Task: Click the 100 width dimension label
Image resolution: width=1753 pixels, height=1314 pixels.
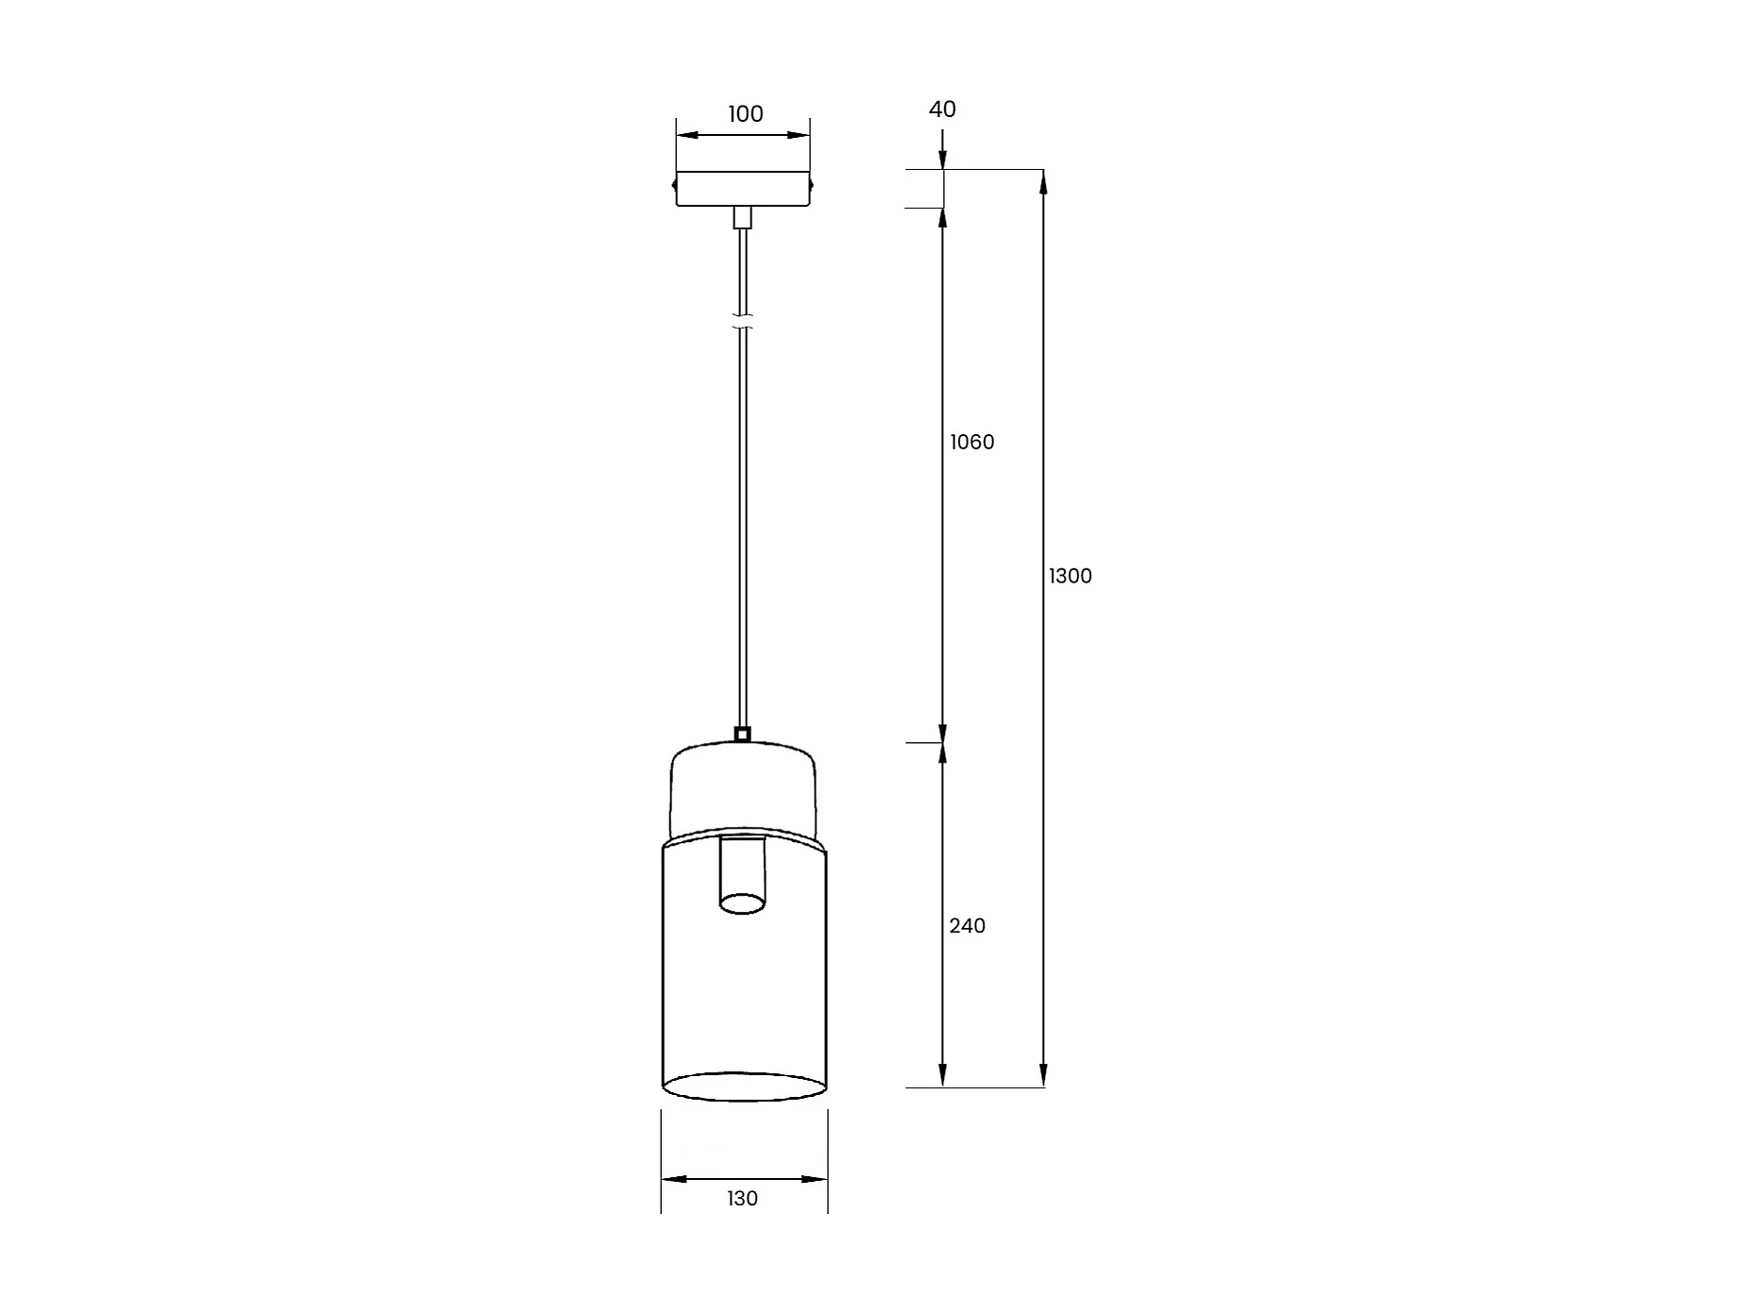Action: coord(745,114)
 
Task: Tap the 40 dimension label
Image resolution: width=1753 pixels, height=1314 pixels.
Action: coord(942,109)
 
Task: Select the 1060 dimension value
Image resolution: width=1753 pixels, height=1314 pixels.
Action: coord(972,442)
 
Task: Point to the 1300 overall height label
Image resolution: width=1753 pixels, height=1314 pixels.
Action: coord(1070,576)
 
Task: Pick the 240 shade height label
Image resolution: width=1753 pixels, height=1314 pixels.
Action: coord(968,926)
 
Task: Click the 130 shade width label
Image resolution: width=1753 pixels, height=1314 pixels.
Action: coord(742,1199)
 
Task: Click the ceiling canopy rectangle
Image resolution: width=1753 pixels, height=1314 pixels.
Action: coord(743,189)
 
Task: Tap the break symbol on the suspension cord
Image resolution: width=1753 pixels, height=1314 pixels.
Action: coord(743,322)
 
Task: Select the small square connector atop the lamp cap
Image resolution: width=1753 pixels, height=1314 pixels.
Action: coord(742,734)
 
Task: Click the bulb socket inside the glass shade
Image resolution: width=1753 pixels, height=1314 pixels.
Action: coord(742,875)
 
